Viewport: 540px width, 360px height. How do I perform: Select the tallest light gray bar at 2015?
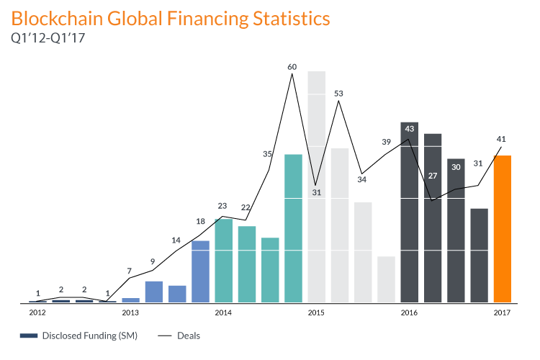316,187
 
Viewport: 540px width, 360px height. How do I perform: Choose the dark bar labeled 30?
456,230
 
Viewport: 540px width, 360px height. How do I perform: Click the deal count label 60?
292,67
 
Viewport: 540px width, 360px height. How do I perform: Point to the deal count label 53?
338,94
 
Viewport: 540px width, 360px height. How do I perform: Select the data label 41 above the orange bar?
502,139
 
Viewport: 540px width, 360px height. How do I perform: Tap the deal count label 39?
386,142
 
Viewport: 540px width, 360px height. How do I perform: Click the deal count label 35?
268,154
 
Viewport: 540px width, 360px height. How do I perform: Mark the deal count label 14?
176,240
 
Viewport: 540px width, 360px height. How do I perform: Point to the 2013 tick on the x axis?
130,312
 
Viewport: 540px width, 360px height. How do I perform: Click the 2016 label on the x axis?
409,312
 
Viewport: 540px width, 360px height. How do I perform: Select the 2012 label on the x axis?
37,312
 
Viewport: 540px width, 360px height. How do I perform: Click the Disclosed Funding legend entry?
79,336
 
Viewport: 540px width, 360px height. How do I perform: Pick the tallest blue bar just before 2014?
200,271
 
